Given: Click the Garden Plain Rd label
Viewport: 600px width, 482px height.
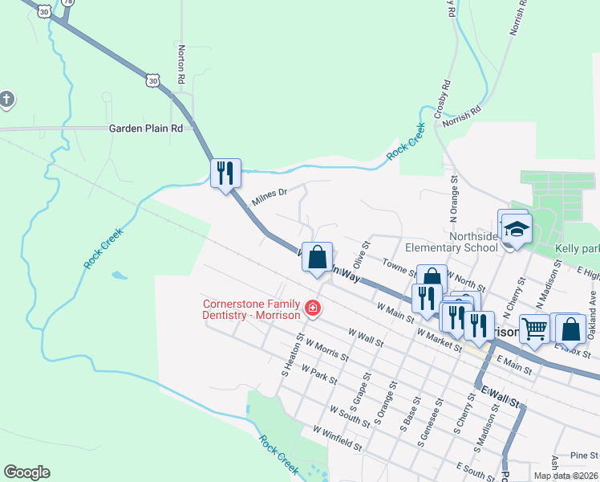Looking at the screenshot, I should pyautogui.click(x=146, y=128).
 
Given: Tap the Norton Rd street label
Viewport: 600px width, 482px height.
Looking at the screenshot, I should pyautogui.click(x=182, y=65).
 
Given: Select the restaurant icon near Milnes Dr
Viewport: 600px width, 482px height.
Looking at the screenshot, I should pyautogui.click(x=225, y=172).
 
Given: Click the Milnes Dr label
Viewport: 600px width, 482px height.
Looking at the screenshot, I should pyautogui.click(x=269, y=197).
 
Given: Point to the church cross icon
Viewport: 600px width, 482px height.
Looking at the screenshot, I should pyautogui.click(x=6, y=100).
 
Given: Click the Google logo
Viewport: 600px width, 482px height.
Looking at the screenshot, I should pyautogui.click(x=26, y=472).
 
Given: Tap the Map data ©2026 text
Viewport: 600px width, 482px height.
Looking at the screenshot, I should pyautogui.click(x=566, y=476).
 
